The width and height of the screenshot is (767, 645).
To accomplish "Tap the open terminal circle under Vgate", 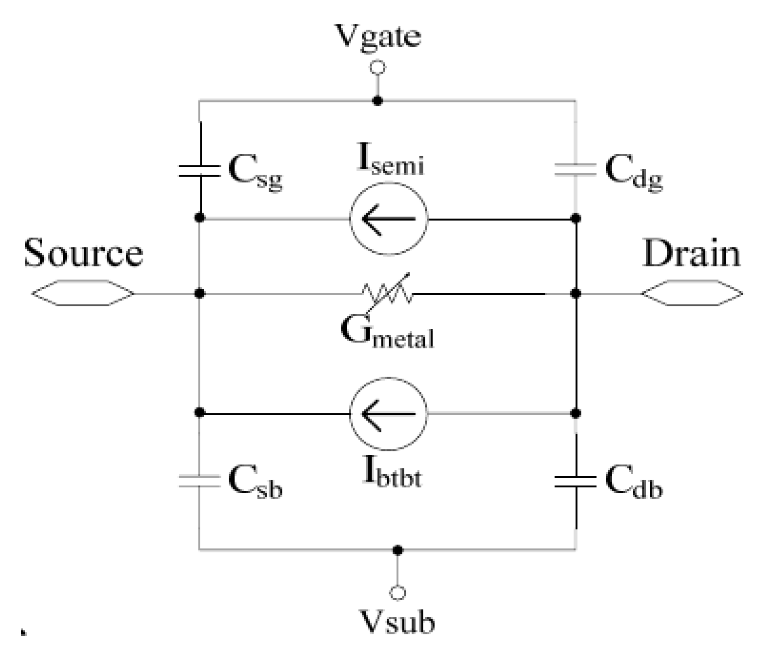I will [378, 68].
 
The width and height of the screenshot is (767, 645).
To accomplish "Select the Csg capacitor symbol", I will [200, 171].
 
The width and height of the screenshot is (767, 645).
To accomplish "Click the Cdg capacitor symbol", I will [575, 169].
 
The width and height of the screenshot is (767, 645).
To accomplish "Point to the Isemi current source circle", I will [389, 218].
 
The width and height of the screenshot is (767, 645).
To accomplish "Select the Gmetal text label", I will [387, 334].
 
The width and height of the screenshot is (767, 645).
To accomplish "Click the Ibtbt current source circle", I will [388, 414].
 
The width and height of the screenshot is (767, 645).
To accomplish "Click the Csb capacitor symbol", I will [200, 481].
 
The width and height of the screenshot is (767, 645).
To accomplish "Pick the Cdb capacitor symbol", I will [575, 482].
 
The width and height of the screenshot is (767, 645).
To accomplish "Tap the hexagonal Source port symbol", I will [83, 293].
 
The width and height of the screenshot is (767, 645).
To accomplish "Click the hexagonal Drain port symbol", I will [692, 293].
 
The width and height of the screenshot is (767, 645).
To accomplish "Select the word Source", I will [83, 253].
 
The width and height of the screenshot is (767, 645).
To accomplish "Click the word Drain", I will [692, 253].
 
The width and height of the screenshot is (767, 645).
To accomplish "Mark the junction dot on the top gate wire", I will [378, 101].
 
